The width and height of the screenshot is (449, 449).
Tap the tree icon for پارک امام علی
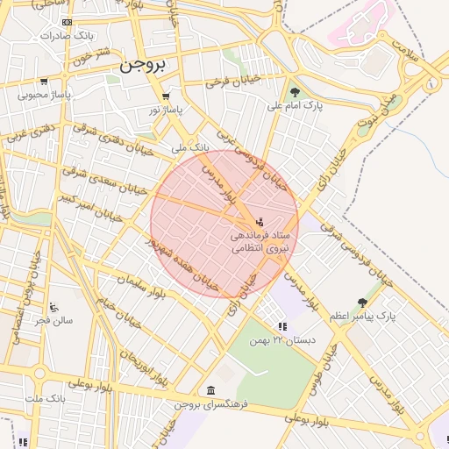(294, 92)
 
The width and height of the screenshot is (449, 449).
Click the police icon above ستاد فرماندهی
(258, 222)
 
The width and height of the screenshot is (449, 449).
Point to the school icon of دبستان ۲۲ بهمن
(281, 326)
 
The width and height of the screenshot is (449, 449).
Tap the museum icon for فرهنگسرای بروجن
(210, 390)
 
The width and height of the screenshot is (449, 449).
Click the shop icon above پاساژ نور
(166, 96)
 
